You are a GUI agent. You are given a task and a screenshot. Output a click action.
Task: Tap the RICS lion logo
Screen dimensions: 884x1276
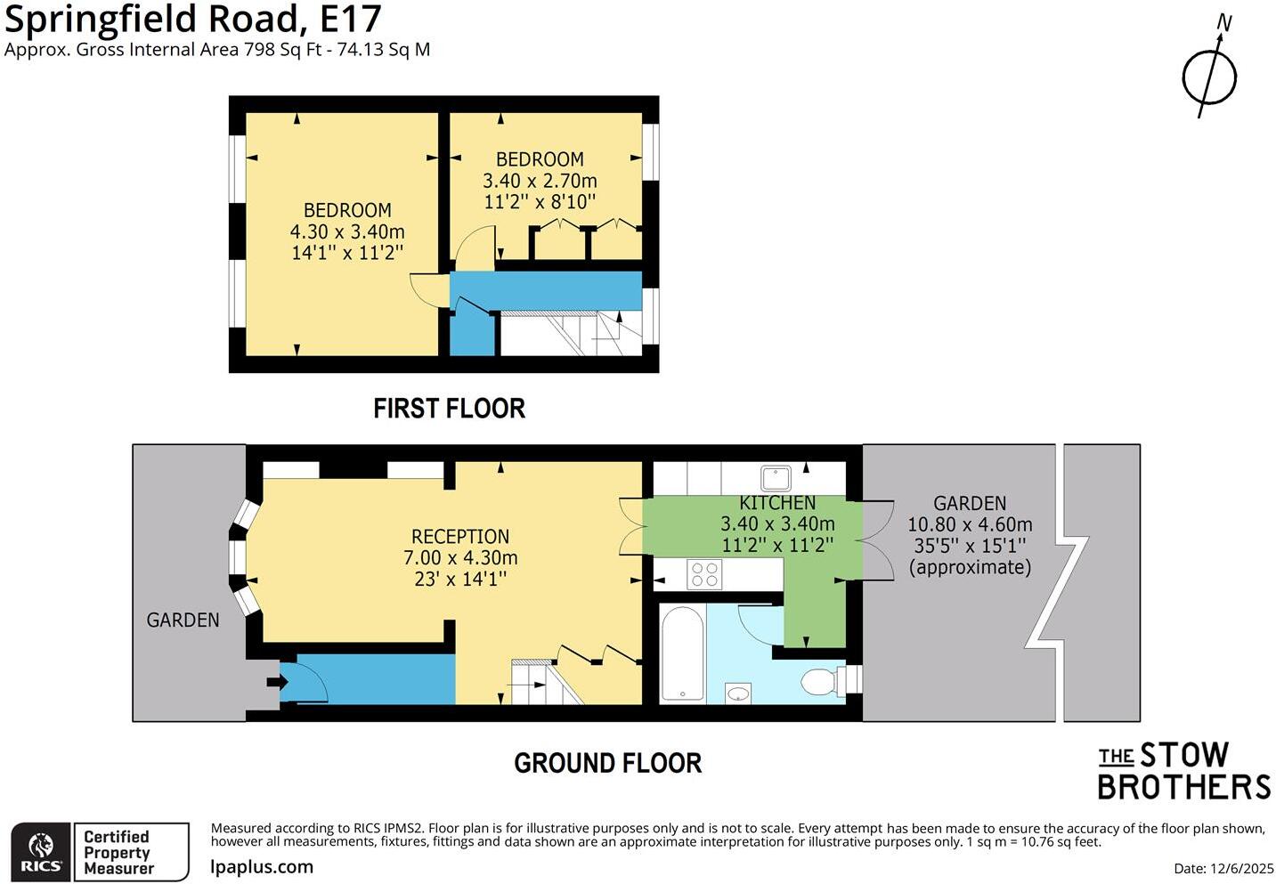point(41,852)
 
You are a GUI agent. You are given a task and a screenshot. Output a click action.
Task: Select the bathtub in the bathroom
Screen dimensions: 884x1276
point(682,653)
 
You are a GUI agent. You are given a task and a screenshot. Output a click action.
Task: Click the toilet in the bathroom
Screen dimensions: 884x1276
point(820,682)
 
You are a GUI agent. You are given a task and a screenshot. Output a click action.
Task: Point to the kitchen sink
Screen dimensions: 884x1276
point(776,477)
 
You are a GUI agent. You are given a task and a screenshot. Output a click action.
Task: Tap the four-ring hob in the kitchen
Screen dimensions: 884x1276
point(704,574)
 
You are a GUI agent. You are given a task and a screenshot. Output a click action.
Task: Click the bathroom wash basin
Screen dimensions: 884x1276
point(738,693)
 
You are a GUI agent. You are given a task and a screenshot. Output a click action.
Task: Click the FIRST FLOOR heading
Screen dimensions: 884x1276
point(449,409)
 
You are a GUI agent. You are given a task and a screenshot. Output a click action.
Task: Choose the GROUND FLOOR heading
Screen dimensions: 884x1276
point(607,763)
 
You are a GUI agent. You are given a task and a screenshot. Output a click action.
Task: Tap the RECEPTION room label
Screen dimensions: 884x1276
point(460,537)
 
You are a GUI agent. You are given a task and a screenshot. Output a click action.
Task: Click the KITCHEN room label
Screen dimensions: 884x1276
point(777,503)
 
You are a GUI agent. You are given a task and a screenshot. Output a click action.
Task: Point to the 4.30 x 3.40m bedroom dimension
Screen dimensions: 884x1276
point(347,231)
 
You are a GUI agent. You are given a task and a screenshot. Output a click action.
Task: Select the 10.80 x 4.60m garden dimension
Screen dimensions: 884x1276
point(970,524)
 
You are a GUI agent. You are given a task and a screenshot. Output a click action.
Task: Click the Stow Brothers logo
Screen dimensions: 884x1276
point(1183,771)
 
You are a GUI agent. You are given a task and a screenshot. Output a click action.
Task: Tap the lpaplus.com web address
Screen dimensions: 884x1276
point(262,866)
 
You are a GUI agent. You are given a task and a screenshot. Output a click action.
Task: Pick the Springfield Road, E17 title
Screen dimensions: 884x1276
point(193,19)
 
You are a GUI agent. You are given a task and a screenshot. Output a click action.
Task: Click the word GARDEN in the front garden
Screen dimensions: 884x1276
point(183,620)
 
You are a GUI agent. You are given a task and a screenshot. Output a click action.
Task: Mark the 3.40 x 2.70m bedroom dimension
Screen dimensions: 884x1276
point(540,181)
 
